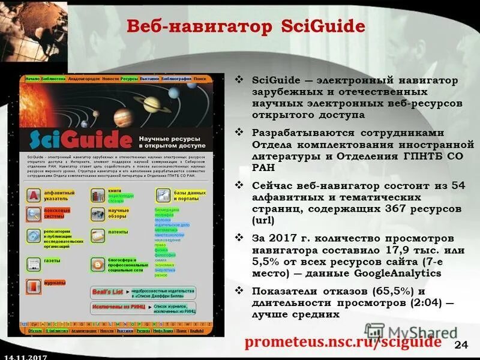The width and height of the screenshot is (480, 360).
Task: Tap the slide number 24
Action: pyautogui.click(x=461, y=343)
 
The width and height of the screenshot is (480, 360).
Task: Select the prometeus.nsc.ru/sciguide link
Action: pyautogui.click(x=343, y=341)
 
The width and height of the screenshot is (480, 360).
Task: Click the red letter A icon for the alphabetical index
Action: pyautogui.click(x=33, y=195)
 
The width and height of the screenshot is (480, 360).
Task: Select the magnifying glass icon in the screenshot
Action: pyautogui.click(x=33, y=214)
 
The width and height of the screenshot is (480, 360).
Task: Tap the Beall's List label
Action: pyautogui.click(x=108, y=291)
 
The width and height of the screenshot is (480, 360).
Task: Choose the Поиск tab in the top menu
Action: pyautogui.click(x=200, y=79)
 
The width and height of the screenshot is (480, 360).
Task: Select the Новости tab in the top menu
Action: pyautogui.click(x=110, y=79)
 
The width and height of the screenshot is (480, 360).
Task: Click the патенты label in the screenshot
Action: pyautogui.click(x=118, y=231)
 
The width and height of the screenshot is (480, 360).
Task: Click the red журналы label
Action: pyautogui.click(x=54, y=283)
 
